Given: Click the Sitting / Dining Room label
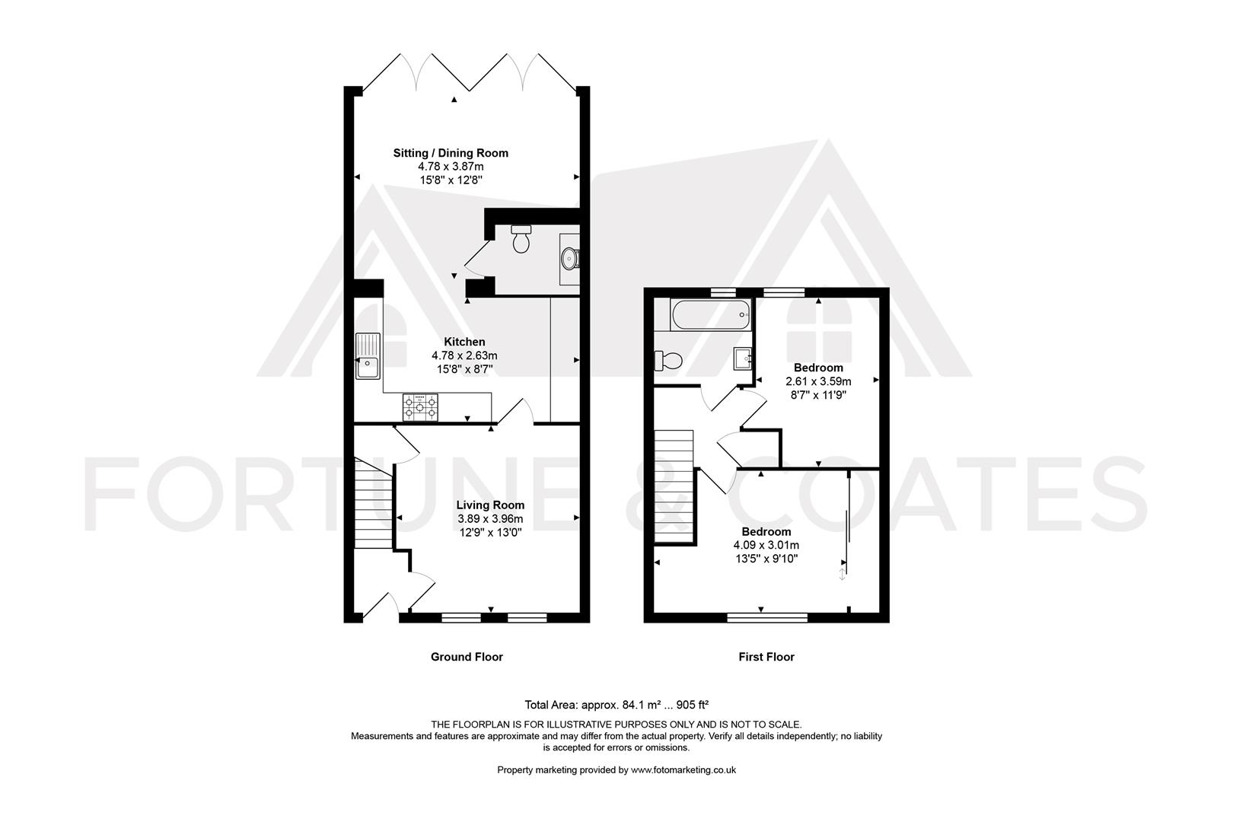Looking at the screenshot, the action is coord(451,153).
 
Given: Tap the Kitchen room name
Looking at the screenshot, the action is coord(464,342).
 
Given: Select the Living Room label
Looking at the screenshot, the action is coord(490,505).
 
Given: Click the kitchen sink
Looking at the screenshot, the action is coord(368,356).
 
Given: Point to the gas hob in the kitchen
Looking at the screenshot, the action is coord(421,407).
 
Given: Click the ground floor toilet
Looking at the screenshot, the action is coord(520,238).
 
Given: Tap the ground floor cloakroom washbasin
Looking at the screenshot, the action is coord(570,258).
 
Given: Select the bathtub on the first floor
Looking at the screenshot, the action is coord(711,314).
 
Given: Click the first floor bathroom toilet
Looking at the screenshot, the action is coord(668,361).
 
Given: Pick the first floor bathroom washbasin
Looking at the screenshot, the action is coord(743,358).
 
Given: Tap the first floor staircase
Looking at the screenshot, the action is coord(673,486).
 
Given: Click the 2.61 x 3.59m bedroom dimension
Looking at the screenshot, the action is coord(818,381).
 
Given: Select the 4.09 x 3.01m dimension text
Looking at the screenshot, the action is coord(766,545).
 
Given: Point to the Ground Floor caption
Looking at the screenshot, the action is coord(467,657).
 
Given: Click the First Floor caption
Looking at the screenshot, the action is coord(766,657).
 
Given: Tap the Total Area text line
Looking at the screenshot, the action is coord(616,705).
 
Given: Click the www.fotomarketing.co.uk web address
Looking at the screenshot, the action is coord(683,770).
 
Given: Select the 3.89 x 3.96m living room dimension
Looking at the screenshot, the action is coord(490,518).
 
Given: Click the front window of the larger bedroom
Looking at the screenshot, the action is coord(767,618).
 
